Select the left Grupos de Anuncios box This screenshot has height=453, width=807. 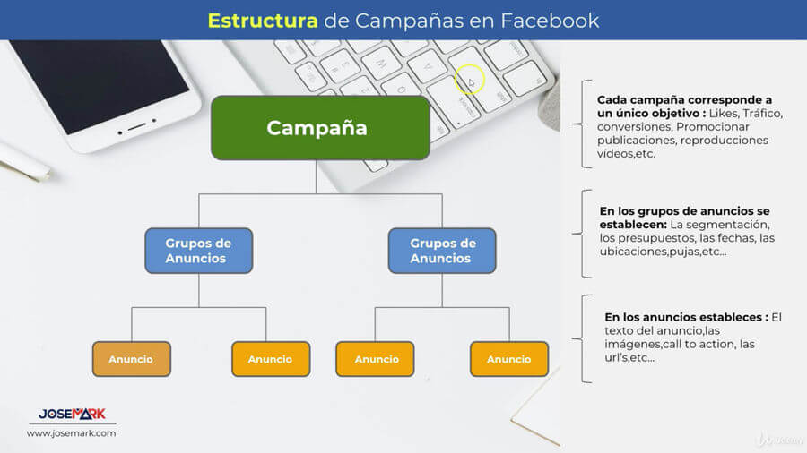click(x=198, y=251)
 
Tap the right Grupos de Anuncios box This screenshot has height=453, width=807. click(x=442, y=251)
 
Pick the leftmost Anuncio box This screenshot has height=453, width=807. click(x=131, y=359)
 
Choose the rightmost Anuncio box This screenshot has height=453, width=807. click(x=508, y=359)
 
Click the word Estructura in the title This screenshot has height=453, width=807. click(x=262, y=20)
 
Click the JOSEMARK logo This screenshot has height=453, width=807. click(x=72, y=414)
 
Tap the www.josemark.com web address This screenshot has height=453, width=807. click(x=71, y=433)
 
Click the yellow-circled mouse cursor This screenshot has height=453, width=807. click(x=469, y=82)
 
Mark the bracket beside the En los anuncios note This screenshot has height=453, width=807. click(x=587, y=338)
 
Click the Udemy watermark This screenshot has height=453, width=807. click(x=776, y=439)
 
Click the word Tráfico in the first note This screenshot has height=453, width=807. click(x=764, y=114)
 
